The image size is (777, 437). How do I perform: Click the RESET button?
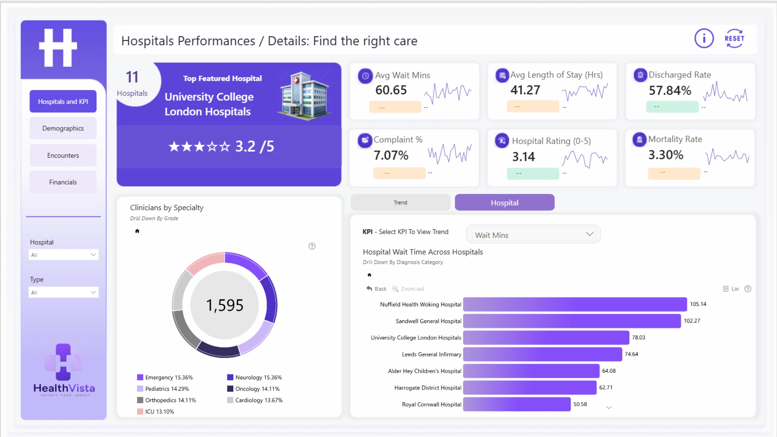(735, 38)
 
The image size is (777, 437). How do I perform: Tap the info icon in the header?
(704, 38)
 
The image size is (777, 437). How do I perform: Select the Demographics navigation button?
(63, 128)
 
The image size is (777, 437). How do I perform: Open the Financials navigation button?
(63, 182)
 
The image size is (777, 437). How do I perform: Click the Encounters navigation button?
(63, 155)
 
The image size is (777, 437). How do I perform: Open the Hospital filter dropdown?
(64, 255)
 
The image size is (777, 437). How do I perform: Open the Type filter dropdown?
(64, 293)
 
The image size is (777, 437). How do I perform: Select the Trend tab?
(401, 202)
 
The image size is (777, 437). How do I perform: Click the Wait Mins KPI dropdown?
(533, 235)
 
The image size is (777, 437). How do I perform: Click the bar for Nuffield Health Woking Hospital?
(575, 304)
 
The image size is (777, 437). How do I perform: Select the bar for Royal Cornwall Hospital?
(517, 404)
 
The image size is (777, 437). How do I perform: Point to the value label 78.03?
(639, 337)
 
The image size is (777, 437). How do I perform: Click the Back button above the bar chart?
(376, 289)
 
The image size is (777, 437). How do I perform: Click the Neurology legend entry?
(255, 378)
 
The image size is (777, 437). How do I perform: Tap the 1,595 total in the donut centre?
(225, 305)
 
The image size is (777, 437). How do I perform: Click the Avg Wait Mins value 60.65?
(391, 90)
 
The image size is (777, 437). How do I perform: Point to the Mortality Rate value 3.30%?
(666, 155)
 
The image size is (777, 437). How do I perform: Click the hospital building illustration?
(304, 96)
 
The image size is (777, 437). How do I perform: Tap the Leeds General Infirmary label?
(431, 354)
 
